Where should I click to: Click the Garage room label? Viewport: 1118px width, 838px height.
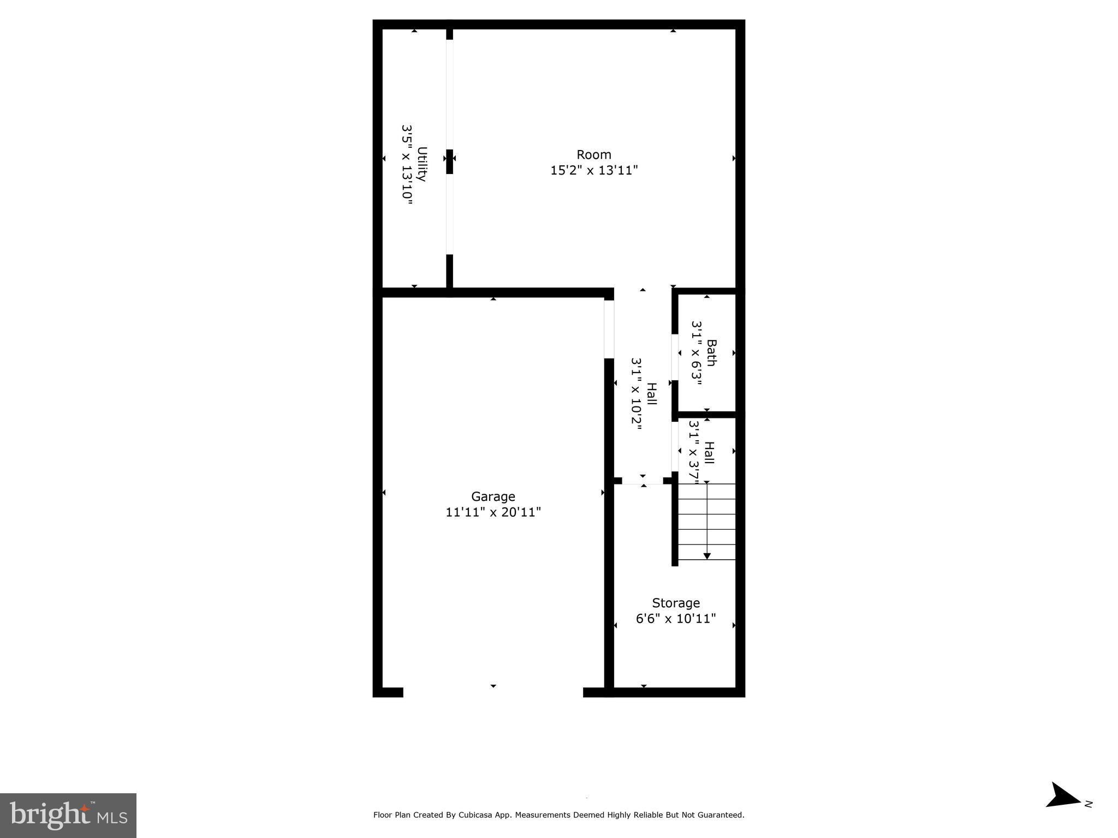coord(493,496)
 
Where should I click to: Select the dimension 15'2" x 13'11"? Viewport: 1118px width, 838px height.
coord(594,171)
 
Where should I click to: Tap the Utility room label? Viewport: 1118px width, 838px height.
coord(422,164)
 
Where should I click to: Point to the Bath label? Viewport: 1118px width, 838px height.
coord(711,353)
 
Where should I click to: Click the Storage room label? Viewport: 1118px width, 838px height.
coord(676,603)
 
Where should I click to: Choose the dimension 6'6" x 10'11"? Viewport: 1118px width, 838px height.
coord(676,619)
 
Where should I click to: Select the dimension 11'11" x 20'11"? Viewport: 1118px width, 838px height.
coord(493,512)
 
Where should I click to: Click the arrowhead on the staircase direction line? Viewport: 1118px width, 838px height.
coord(707,556)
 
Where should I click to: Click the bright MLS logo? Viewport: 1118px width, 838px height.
coord(68,815)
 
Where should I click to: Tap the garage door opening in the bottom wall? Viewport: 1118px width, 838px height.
coord(493,692)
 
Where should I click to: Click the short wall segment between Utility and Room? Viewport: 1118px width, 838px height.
coord(449,162)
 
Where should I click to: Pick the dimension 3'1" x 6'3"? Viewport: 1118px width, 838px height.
coord(696,353)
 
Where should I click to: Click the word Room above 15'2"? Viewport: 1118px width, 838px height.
coord(594,155)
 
